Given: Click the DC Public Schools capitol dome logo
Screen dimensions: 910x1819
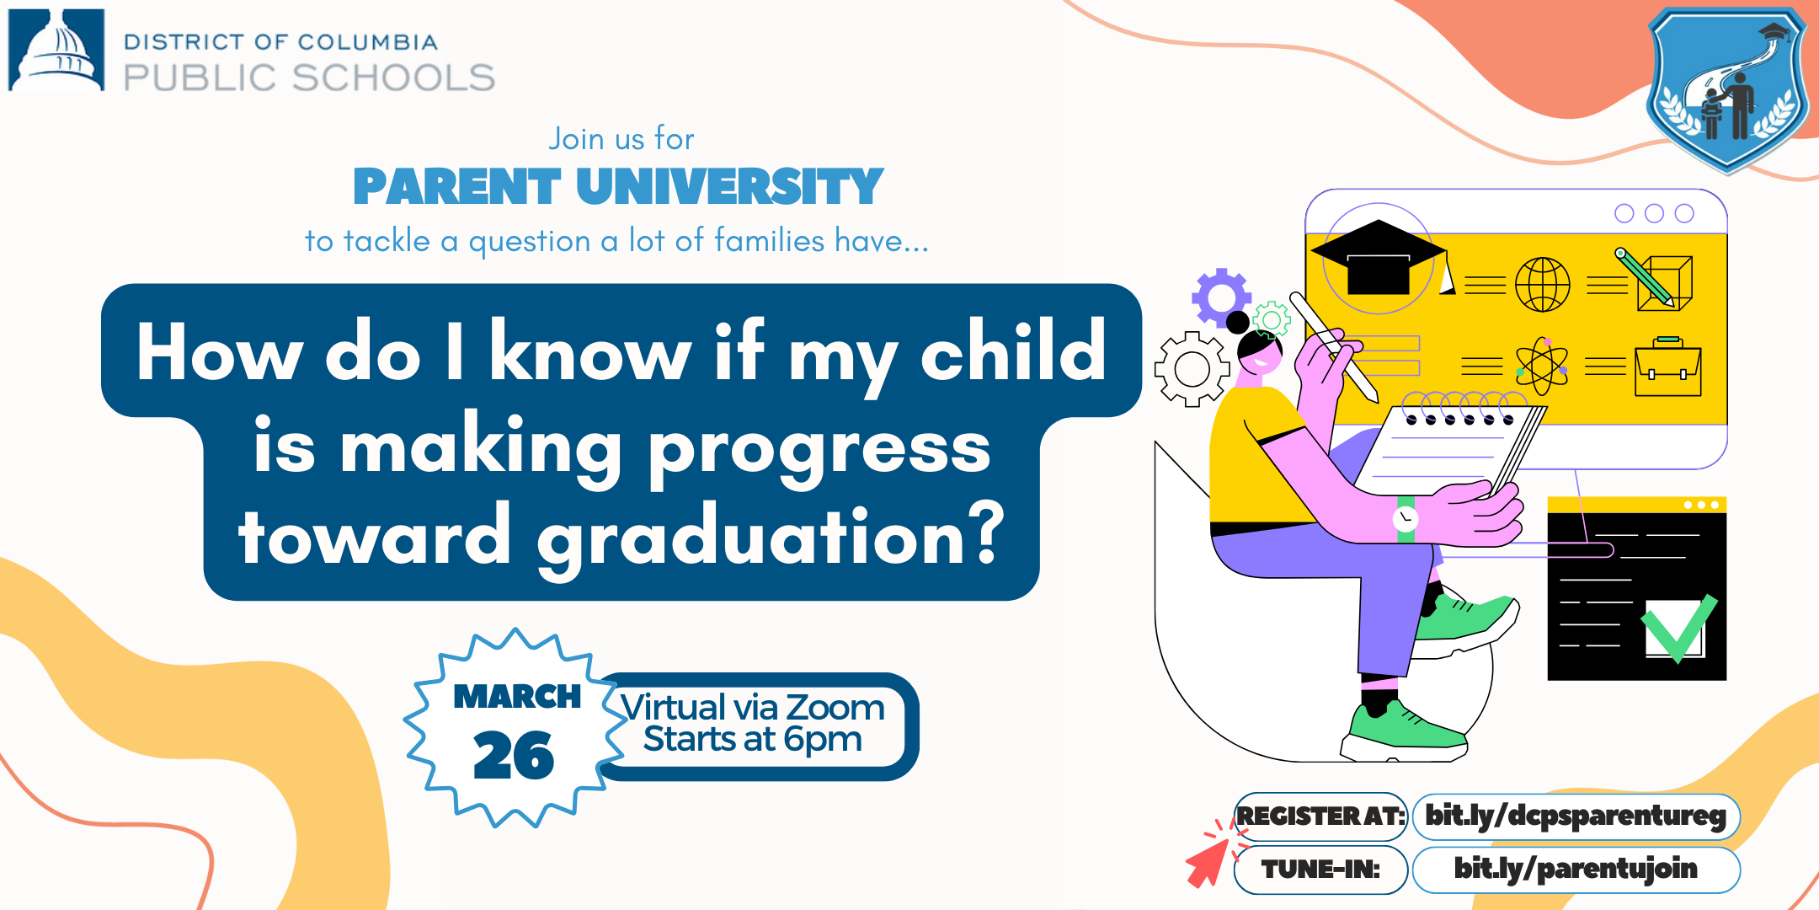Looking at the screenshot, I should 56,50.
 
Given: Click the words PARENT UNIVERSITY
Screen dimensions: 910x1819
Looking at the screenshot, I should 618,187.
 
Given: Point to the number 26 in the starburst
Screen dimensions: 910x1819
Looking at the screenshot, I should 514,755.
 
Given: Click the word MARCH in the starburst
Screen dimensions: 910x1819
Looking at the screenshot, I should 517,697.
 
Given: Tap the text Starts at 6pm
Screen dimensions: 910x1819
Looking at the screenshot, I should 752,740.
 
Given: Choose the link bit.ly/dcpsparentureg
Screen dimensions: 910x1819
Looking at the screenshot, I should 1575,816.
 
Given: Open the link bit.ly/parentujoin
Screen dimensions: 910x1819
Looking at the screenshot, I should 1575,869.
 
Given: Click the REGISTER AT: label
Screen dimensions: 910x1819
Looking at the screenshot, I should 1320,816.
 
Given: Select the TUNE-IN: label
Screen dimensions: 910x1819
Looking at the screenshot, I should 1320,869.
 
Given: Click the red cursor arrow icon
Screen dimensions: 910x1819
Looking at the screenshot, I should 1208,864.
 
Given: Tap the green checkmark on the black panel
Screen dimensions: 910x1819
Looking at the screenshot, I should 1678,628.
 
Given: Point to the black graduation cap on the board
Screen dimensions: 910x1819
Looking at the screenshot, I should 1378,258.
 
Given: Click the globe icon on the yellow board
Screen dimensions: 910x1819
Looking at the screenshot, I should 1543,285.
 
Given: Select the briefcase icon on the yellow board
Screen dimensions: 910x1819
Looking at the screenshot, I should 1667,367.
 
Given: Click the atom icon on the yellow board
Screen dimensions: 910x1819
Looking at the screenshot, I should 1542,367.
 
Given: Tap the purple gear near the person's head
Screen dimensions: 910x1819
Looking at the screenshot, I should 1220,297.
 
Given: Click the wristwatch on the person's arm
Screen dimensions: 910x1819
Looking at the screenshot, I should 1405,518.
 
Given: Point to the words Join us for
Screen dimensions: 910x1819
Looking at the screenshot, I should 621,139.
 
